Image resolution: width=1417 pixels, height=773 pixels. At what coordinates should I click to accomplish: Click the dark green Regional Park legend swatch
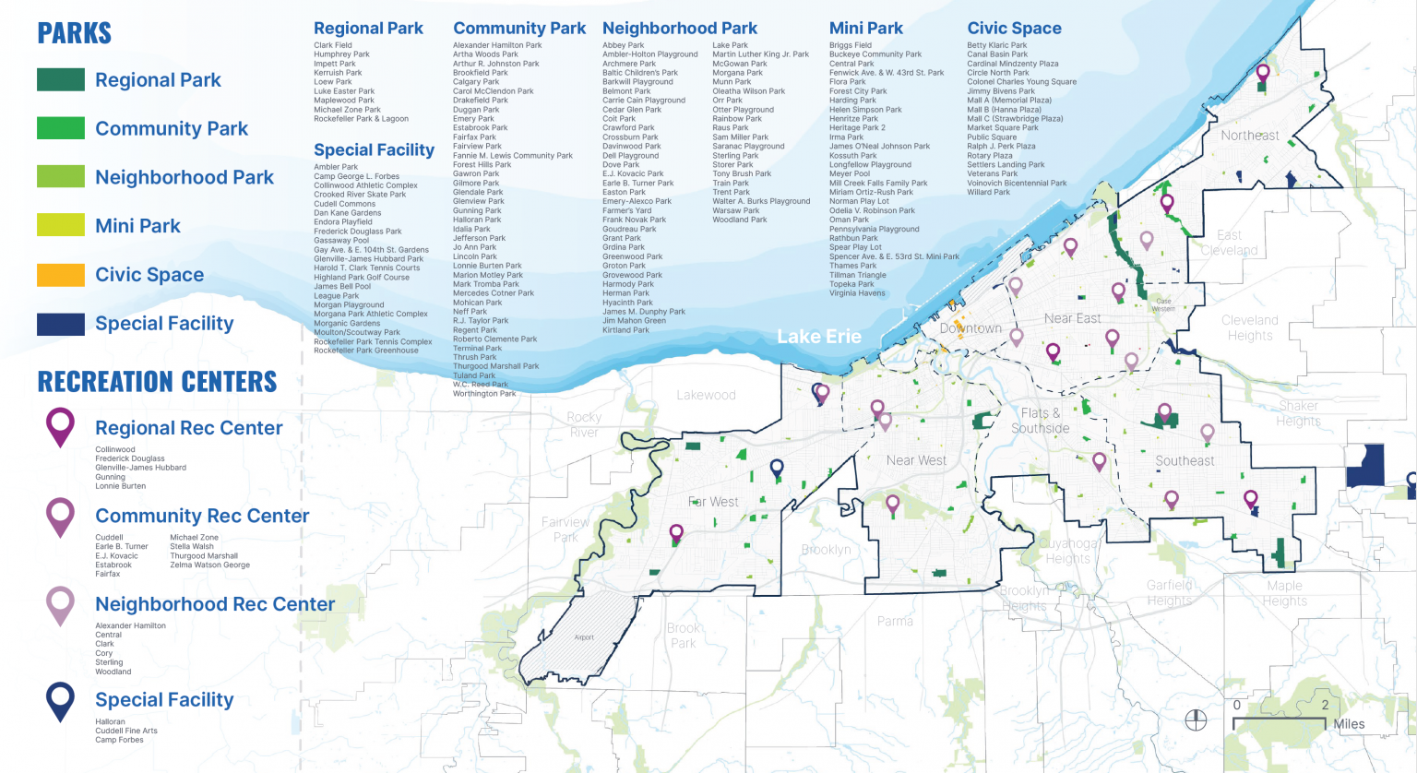click(x=61, y=80)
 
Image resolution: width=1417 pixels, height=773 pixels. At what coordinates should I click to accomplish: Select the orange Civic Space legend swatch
click(x=61, y=275)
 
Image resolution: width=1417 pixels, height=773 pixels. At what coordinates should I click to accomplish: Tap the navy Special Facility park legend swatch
click(x=61, y=324)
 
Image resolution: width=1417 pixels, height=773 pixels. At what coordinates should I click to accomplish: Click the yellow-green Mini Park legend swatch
click(x=61, y=226)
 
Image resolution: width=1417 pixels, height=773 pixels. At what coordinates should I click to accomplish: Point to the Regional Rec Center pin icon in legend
click(x=61, y=426)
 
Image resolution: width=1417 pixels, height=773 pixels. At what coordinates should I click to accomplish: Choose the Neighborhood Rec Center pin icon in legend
click(x=61, y=604)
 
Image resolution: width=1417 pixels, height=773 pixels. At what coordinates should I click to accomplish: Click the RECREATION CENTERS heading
click(x=157, y=382)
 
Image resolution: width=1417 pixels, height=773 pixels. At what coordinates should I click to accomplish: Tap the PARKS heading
click(x=74, y=34)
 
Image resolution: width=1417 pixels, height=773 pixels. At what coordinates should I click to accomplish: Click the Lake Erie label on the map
click(x=818, y=337)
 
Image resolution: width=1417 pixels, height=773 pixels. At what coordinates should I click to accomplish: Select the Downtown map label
click(x=970, y=328)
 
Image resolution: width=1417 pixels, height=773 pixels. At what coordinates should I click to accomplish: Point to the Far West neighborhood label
click(x=713, y=502)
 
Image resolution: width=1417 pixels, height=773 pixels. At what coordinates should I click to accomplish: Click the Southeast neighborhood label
click(x=1185, y=460)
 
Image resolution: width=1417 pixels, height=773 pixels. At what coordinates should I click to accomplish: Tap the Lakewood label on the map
click(x=706, y=395)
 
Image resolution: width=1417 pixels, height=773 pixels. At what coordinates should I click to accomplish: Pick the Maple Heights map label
click(x=1284, y=593)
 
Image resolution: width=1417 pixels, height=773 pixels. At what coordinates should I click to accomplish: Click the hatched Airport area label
click(x=584, y=637)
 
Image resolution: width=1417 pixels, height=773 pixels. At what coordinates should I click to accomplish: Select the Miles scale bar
click(x=1283, y=719)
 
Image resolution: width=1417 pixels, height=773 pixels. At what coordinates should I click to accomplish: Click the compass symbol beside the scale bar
click(x=1196, y=720)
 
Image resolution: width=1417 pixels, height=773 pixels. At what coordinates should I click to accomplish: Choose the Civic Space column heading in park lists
click(x=1014, y=29)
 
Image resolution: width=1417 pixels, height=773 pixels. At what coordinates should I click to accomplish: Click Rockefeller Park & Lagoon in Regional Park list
click(x=361, y=119)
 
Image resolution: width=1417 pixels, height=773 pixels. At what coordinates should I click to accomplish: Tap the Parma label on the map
click(x=895, y=621)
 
